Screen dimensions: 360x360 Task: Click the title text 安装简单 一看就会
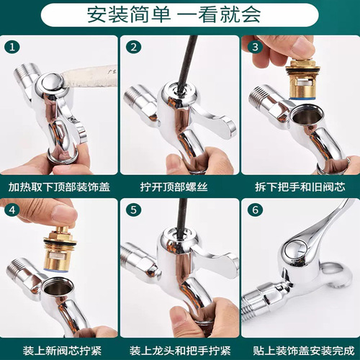click(x=179, y=14)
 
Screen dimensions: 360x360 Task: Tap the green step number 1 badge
click(x=11, y=48)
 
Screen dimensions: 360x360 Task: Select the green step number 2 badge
click(x=132, y=48)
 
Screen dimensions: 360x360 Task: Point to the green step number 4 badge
click(x=11, y=212)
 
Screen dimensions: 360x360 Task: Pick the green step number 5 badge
click(x=132, y=212)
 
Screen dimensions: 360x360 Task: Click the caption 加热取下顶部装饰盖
click(x=59, y=186)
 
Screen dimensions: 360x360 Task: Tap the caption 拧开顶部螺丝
click(x=179, y=186)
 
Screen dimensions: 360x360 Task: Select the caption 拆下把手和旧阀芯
click(x=300, y=186)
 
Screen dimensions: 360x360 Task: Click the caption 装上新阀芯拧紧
click(x=59, y=351)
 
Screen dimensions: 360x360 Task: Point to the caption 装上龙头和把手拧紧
click(x=179, y=351)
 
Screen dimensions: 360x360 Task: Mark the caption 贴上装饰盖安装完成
click(x=300, y=351)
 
